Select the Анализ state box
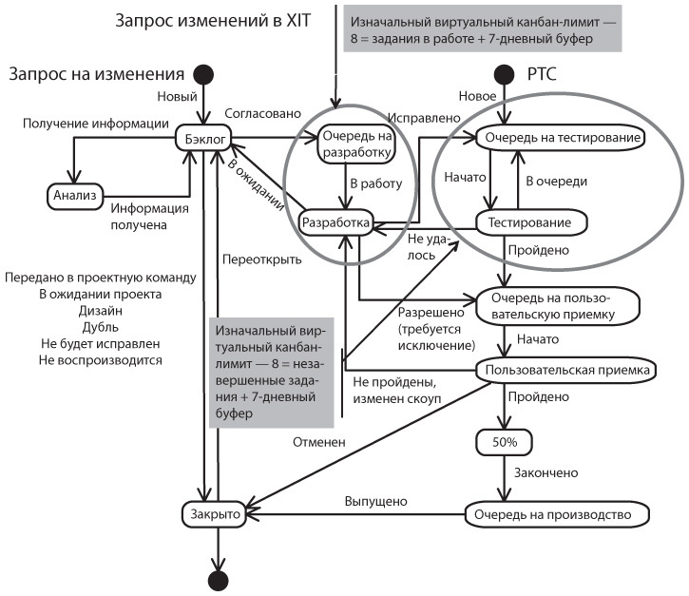pyautogui.click(x=72, y=195)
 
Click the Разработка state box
pyautogui.click(x=335, y=222)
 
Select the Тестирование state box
pyautogui.click(x=528, y=222)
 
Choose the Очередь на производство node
pyautogui.click(x=558, y=514)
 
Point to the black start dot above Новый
pyautogui.click(x=201, y=74)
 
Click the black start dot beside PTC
pyautogui.click(x=504, y=74)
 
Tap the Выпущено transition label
pyautogui.click(x=376, y=502)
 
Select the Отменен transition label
pyautogui.click(x=318, y=441)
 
